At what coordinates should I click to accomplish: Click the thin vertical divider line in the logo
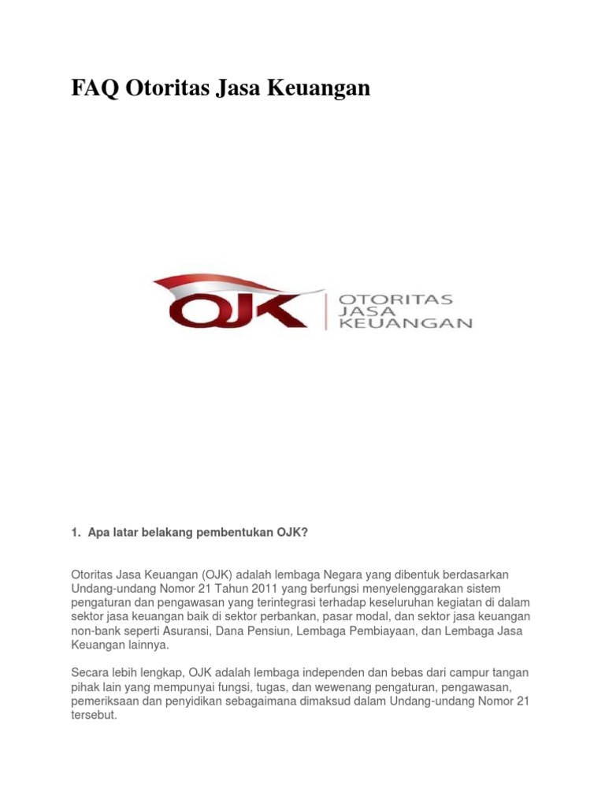(326, 311)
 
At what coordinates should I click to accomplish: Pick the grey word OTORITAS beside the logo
(395, 299)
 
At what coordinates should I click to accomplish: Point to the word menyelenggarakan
(412, 589)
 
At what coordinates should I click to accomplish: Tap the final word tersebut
(94, 715)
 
